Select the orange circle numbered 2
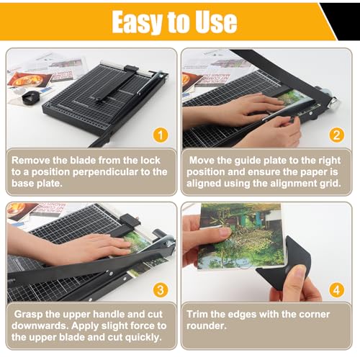pyautogui.click(x=336, y=134)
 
